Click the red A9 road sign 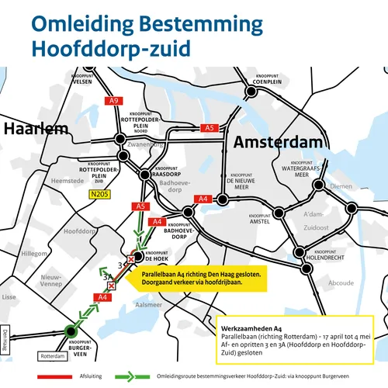pos(113,101)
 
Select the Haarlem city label pos(34,130)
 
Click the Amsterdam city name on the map pos(277,143)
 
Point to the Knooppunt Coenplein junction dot pos(251,92)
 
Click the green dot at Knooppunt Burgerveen pos(72,329)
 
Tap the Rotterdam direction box pos(53,356)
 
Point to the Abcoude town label pos(340,283)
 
